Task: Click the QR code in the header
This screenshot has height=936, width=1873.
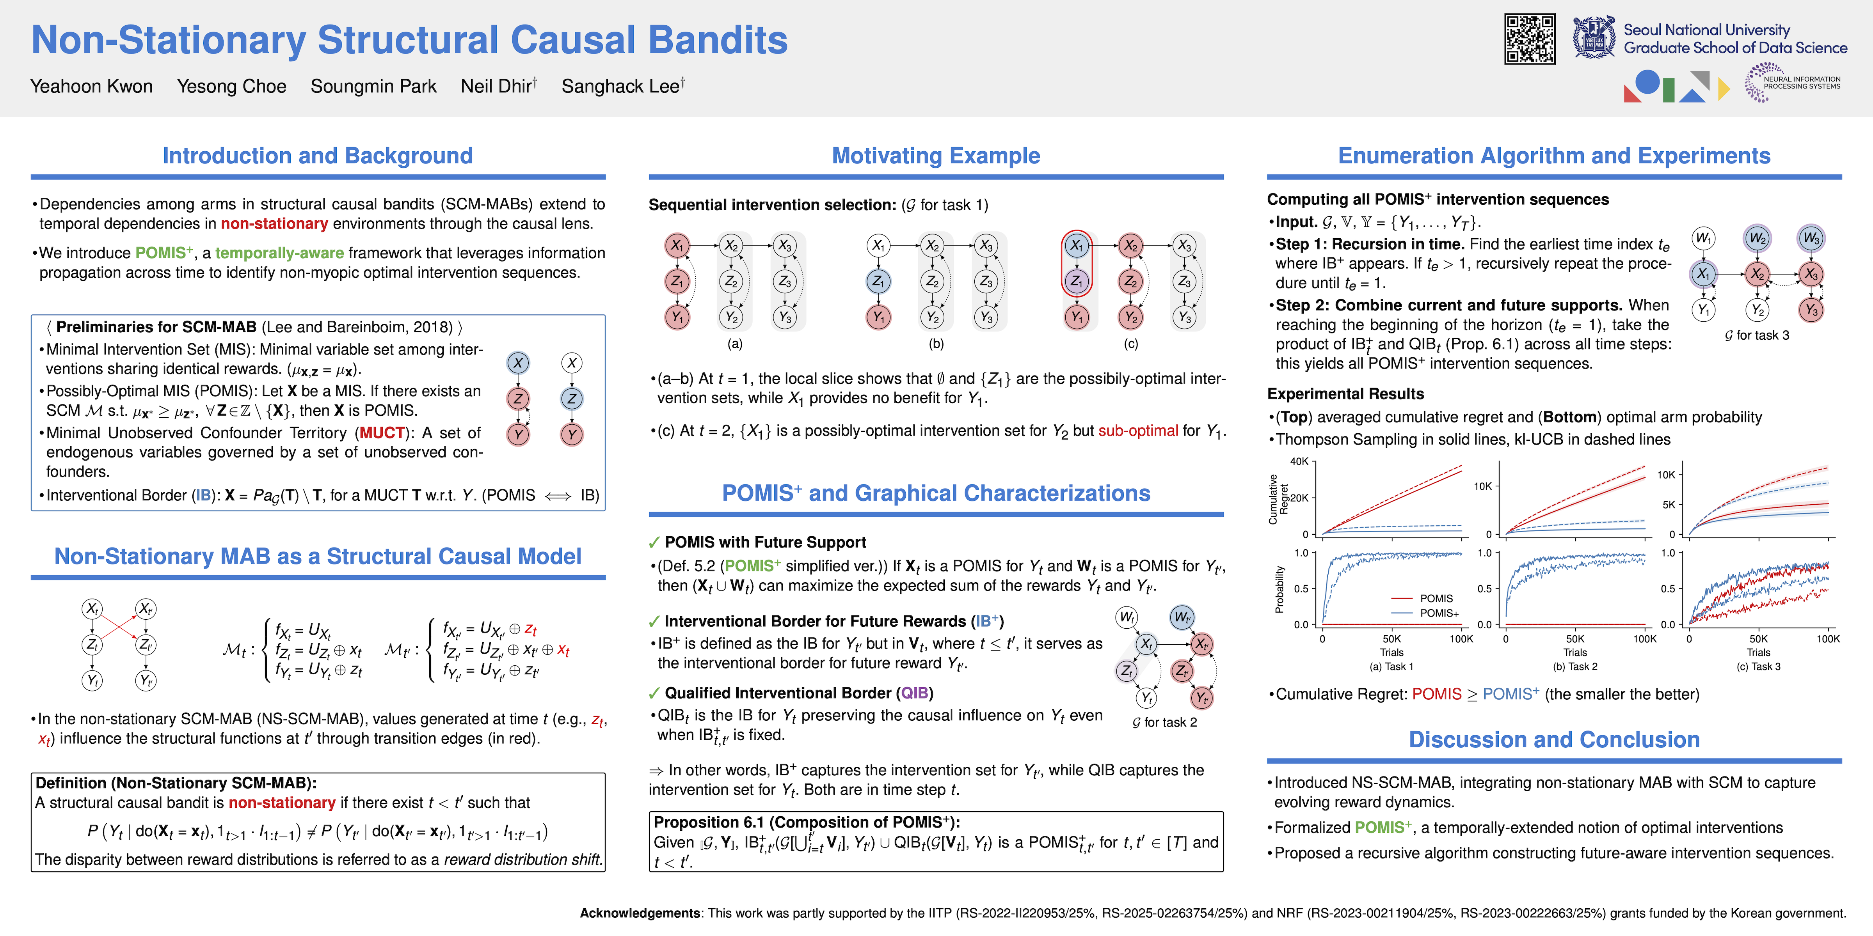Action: pyautogui.click(x=1529, y=39)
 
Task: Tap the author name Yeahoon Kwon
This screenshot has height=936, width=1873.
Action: pyautogui.click(x=92, y=87)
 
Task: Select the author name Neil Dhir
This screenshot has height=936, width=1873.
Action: pyautogui.click(x=497, y=87)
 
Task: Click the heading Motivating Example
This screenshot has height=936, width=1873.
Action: pyautogui.click(x=936, y=156)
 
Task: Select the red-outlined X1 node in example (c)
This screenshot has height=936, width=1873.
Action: pyautogui.click(x=1077, y=246)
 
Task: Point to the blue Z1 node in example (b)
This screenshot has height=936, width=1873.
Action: pyautogui.click(x=878, y=281)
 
